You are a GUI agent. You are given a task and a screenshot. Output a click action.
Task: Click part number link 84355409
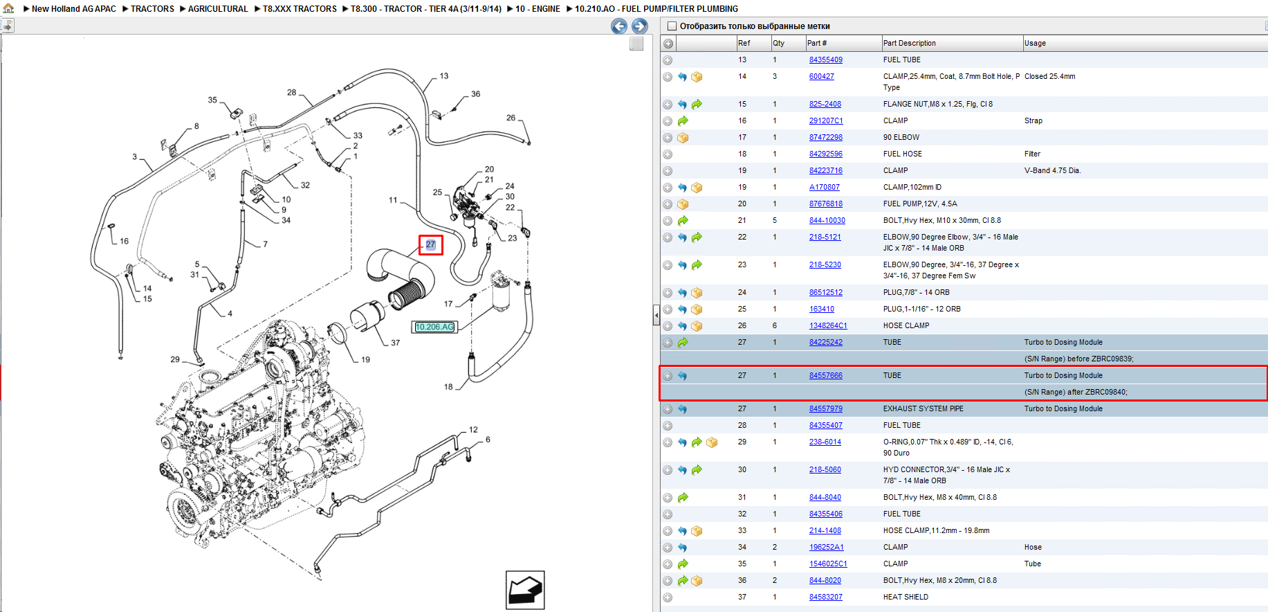825,60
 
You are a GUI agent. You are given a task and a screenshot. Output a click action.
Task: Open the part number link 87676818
825,204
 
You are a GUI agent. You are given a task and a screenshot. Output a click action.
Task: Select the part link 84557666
825,376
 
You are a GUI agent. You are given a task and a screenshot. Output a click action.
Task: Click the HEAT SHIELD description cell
906,597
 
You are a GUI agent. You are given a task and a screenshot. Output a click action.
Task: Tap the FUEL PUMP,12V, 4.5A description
920,204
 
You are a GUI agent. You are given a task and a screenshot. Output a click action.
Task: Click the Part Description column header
909,43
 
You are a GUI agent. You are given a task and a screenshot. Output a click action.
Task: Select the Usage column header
1035,43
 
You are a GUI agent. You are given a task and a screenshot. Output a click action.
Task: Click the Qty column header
778,43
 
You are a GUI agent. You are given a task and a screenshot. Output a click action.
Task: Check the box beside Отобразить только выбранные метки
671,26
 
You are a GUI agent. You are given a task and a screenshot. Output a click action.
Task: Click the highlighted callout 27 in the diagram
430,244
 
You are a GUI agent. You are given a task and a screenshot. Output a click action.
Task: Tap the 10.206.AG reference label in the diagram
434,327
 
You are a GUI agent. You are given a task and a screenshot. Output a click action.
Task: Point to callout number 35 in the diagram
212,100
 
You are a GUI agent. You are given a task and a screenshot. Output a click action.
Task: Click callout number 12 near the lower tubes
473,430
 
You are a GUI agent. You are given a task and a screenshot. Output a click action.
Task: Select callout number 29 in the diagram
175,359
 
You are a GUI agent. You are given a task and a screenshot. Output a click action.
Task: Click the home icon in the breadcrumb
8,8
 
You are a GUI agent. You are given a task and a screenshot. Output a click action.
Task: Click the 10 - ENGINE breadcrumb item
537,9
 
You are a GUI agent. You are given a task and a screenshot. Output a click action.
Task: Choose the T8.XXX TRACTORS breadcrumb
300,9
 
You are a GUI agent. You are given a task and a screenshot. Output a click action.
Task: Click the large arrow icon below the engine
525,590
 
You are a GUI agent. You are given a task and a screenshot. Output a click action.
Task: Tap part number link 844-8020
825,581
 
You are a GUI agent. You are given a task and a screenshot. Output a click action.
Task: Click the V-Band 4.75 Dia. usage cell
1052,171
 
